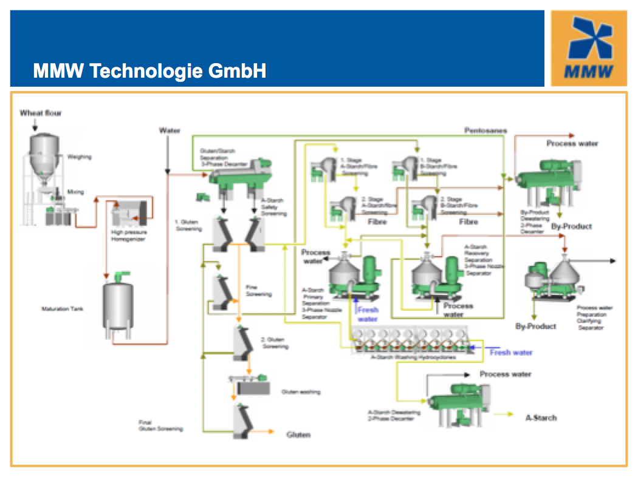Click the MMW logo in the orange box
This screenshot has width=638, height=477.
tap(589, 48)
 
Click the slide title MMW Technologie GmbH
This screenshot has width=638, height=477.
tap(149, 72)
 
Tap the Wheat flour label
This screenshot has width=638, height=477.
tap(41, 113)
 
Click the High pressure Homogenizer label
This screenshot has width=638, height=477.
tap(129, 235)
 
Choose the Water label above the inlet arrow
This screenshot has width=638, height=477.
tap(170, 130)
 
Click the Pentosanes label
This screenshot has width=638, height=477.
tap(485, 130)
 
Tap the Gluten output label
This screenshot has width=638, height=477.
tap(298, 435)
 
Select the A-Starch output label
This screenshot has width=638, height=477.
tap(541, 418)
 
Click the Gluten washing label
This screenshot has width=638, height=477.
tap(300, 392)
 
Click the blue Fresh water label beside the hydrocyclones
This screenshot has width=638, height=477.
tap(511, 353)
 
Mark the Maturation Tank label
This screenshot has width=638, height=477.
tap(63, 309)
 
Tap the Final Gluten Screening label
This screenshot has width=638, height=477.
tap(160, 425)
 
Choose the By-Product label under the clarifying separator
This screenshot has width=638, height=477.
tap(535, 326)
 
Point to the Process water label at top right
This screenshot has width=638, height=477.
tap(572, 143)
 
